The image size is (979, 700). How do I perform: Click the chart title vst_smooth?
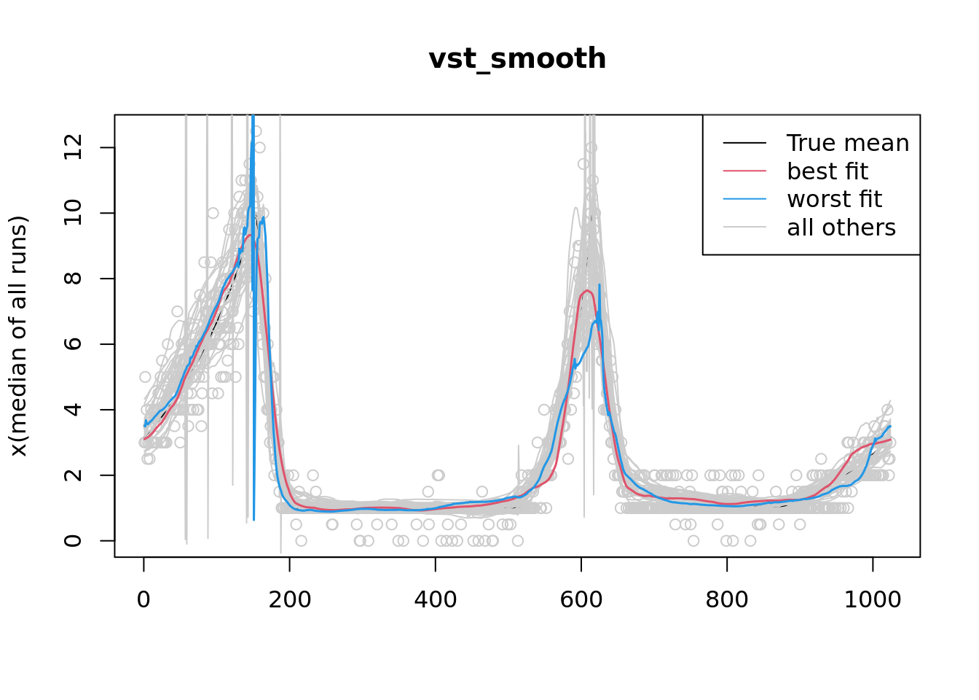pyautogui.click(x=517, y=59)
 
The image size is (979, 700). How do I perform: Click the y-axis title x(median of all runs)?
pyautogui.click(x=19, y=336)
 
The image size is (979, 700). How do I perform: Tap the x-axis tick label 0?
pyautogui.click(x=143, y=600)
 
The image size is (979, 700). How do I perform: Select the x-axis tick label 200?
pyautogui.click(x=289, y=600)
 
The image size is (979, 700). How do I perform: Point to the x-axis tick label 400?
pyautogui.click(x=435, y=600)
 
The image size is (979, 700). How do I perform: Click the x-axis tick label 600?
pyautogui.click(x=581, y=600)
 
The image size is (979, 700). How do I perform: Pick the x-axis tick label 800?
pyautogui.click(x=726, y=600)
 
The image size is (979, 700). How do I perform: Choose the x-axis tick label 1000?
pyautogui.click(x=872, y=600)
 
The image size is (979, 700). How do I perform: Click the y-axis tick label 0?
pyautogui.click(x=73, y=540)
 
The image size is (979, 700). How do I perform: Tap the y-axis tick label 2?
pyautogui.click(x=73, y=475)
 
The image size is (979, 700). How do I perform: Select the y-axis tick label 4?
pyautogui.click(x=73, y=409)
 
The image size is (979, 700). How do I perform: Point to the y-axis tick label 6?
pyautogui.click(x=73, y=343)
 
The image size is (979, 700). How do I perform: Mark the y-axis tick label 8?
pyautogui.click(x=73, y=278)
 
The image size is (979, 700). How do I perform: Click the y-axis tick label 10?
pyautogui.click(x=73, y=213)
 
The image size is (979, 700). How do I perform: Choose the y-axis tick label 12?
pyautogui.click(x=73, y=147)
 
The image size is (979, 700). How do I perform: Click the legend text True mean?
pyautogui.click(x=848, y=143)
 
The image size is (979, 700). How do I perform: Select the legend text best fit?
pyautogui.click(x=827, y=171)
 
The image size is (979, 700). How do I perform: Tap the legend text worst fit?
pyautogui.click(x=834, y=199)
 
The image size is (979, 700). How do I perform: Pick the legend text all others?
pyautogui.click(x=841, y=227)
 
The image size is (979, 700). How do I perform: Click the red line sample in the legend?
pyautogui.click(x=744, y=171)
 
